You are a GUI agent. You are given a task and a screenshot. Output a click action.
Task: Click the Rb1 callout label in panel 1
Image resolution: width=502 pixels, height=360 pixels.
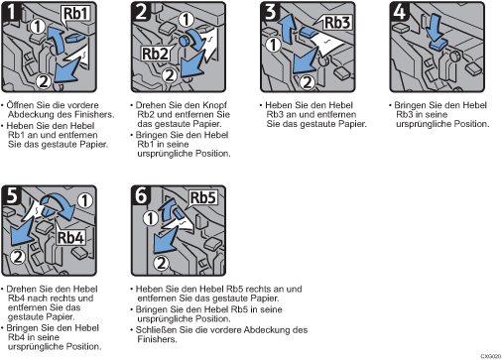coord(76,14)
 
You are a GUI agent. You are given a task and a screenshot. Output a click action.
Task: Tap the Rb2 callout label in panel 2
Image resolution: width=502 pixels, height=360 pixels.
coord(155,54)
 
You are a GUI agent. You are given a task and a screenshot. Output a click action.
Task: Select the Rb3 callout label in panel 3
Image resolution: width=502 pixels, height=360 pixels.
coord(337,23)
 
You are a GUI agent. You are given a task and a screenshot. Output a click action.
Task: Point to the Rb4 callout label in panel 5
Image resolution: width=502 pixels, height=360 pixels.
coord(70,237)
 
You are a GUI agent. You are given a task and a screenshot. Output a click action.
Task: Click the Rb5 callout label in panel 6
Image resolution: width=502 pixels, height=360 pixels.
coord(203,197)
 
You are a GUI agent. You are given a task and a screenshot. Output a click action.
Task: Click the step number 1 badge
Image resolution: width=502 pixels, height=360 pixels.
coord(11,12)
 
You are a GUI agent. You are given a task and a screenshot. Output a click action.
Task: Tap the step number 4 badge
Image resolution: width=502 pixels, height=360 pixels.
coord(399,12)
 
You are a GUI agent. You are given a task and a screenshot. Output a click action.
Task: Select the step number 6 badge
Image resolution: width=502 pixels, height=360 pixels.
coord(141,195)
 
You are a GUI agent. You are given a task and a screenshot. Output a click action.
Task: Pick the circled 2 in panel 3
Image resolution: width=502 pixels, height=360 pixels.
coord(308,82)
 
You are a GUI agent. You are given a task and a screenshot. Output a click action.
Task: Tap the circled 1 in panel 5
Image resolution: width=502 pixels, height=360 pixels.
coord(84,200)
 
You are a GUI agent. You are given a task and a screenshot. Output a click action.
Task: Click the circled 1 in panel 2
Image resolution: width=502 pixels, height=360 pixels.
coord(187,20)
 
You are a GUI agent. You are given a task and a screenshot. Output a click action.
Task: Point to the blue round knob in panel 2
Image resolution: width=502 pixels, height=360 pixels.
coord(184,41)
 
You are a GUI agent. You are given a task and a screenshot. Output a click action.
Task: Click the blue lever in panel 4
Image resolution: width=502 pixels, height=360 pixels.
coord(439,45)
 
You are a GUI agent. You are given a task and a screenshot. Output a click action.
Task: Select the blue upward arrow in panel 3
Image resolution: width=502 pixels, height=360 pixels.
coord(287,29)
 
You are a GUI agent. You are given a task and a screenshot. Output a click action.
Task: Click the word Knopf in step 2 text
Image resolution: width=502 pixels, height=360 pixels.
coord(214,105)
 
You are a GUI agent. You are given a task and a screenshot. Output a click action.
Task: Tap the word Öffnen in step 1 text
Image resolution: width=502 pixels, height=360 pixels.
coord(20,105)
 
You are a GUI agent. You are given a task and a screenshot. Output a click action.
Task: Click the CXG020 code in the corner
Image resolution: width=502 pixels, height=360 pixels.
coord(491,356)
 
